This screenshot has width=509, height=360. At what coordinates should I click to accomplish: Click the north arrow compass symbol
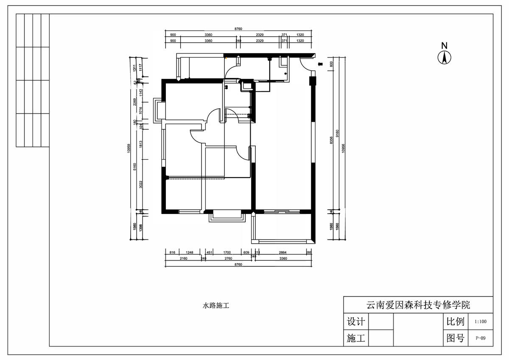444,57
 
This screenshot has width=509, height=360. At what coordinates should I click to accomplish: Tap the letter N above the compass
444,45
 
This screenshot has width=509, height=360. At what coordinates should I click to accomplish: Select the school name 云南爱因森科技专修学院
418,305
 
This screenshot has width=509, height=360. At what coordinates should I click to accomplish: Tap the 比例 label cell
456,321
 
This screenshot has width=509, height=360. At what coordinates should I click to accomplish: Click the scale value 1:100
481,322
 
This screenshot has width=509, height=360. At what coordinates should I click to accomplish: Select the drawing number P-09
481,338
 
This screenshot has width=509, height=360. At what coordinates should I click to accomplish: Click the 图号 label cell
456,338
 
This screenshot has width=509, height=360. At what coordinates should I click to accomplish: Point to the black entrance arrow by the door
320,64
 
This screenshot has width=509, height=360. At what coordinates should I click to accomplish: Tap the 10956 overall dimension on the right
344,149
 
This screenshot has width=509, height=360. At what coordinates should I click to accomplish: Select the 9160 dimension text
337,134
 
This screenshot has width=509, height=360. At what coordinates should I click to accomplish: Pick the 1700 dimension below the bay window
227,253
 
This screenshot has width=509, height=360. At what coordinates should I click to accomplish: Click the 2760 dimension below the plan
228,258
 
